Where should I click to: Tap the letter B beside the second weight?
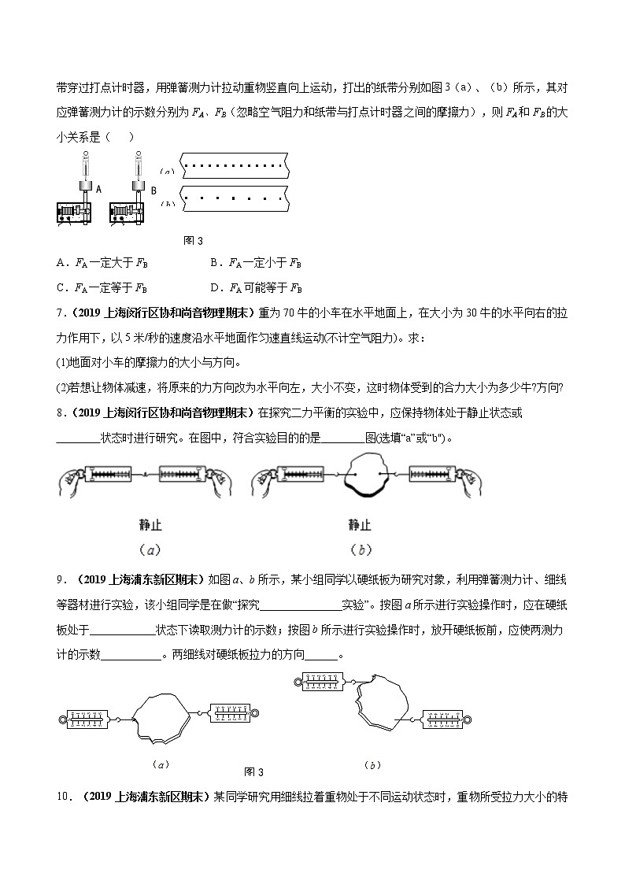click(153, 190)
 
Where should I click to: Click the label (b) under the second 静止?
click(360, 550)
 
